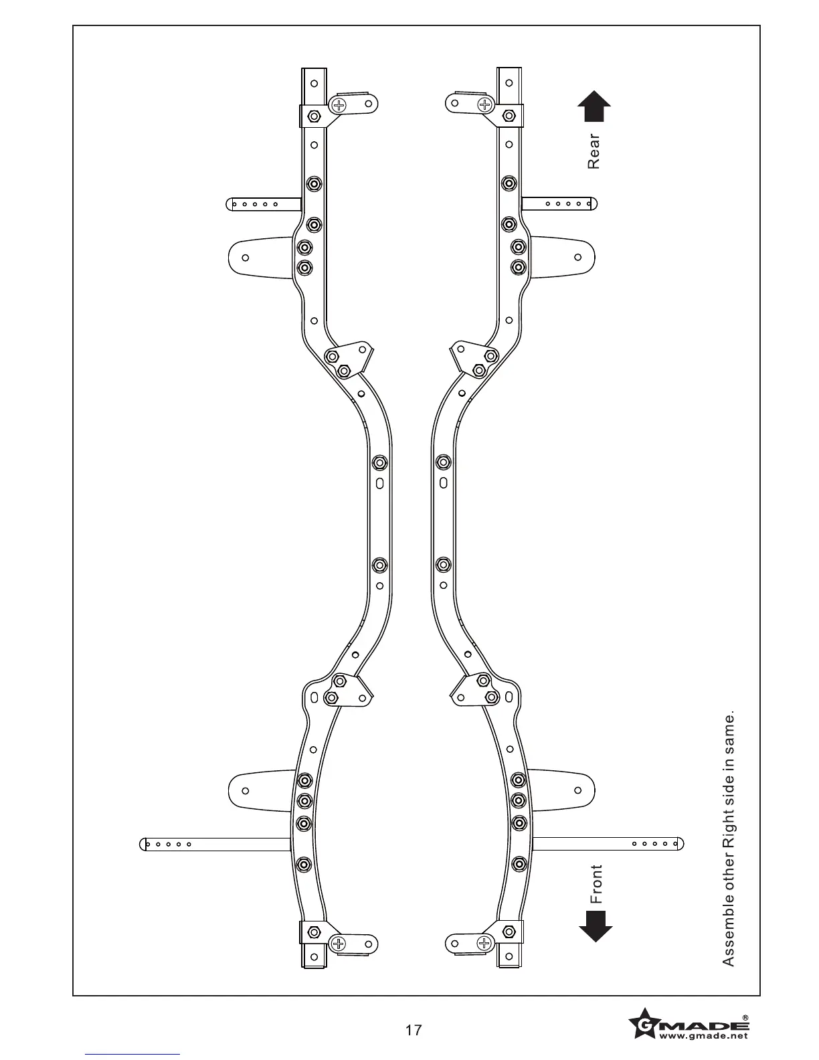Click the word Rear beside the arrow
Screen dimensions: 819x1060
pyautogui.click(x=594, y=151)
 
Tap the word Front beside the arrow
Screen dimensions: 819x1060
pyautogui.click(x=596, y=884)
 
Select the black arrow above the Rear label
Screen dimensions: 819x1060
pyautogui.click(x=594, y=106)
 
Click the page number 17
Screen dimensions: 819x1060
pyautogui.click(x=414, y=1030)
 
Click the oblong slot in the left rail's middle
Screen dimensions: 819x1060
pyautogui.click(x=379, y=482)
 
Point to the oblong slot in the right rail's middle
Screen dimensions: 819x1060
pyautogui.click(x=443, y=482)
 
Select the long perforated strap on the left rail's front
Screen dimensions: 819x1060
pyautogui.click(x=217, y=845)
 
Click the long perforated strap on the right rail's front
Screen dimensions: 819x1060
pyautogui.click(x=608, y=844)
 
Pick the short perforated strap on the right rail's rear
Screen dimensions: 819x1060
pyautogui.click(x=559, y=203)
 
